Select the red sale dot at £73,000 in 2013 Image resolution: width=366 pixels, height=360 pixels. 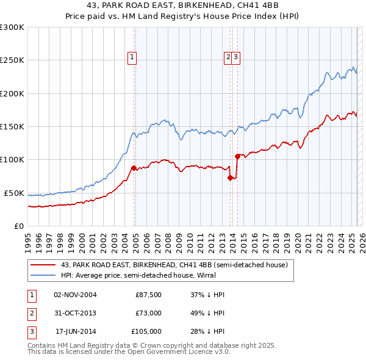230,178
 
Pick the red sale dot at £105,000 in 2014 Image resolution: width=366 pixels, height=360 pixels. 237,156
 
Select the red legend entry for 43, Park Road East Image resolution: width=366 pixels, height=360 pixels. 170,265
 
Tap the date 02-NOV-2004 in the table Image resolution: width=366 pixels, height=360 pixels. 76,295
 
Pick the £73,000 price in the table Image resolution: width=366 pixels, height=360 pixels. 148,313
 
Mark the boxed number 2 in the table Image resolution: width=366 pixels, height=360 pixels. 30,313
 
